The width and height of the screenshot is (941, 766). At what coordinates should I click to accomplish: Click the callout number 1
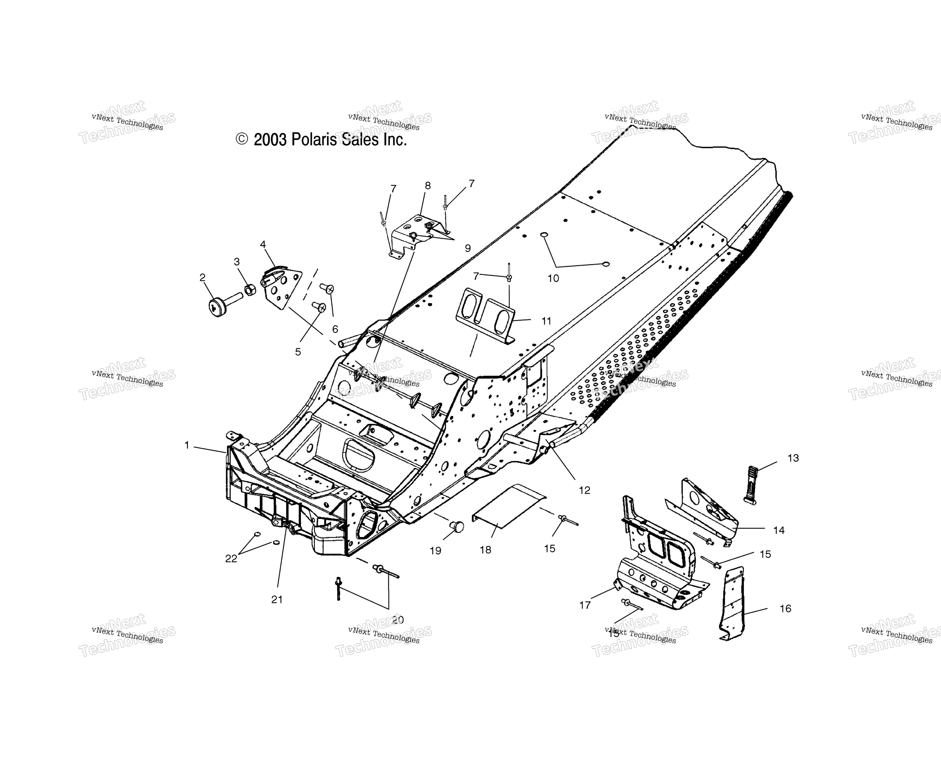pyautogui.click(x=187, y=446)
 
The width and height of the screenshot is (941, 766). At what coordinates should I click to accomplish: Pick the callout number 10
pyautogui.click(x=553, y=278)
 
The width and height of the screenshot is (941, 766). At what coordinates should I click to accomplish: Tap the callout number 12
pyautogui.click(x=584, y=490)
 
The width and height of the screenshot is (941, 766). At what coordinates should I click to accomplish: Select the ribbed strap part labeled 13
pyautogui.click(x=752, y=485)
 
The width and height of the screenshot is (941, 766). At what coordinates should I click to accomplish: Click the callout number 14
pyautogui.click(x=779, y=530)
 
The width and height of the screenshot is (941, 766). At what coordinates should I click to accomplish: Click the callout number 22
pyautogui.click(x=231, y=559)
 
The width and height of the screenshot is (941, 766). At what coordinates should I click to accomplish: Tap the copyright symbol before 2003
pyautogui.click(x=242, y=139)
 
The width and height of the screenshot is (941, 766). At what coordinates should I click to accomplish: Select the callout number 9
pyautogui.click(x=468, y=249)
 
